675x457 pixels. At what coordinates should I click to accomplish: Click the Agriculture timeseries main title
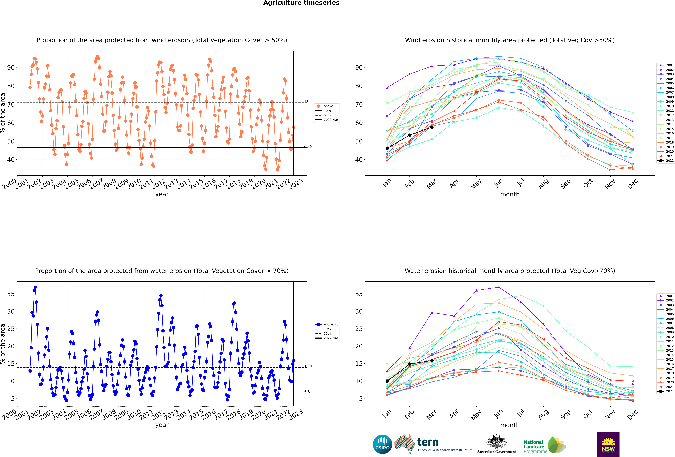point(301,3)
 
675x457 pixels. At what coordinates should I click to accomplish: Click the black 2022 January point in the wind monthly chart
point(387,148)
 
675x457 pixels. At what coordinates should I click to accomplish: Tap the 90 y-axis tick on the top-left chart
point(11,68)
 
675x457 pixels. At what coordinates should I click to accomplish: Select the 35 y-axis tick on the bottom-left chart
point(11,294)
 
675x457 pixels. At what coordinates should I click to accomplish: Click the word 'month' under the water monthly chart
point(510,425)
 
